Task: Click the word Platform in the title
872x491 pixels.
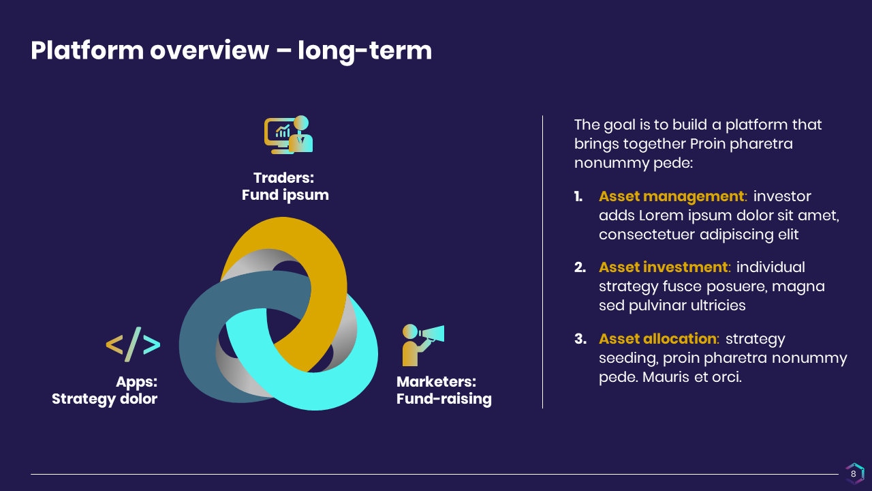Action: point(87,51)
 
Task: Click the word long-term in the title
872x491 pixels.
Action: point(364,51)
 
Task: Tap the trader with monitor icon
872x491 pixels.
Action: point(288,134)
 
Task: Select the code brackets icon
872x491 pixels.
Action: point(133,344)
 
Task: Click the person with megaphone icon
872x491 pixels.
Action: point(423,345)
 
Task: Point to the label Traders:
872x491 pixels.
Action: point(284,178)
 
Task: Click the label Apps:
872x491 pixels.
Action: point(137,382)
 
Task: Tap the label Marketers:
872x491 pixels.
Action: point(437,382)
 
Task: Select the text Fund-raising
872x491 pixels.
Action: point(444,399)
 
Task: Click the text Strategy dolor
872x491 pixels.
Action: point(105,399)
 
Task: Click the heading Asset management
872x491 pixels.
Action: point(672,196)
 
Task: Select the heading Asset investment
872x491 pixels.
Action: point(664,267)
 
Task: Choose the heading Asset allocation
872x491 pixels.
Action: point(657,339)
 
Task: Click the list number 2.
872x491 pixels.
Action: point(580,267)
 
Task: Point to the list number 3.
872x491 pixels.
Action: point(580,339)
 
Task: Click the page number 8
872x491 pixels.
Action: point(854,474)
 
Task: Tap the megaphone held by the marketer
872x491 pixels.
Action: point(431,334)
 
